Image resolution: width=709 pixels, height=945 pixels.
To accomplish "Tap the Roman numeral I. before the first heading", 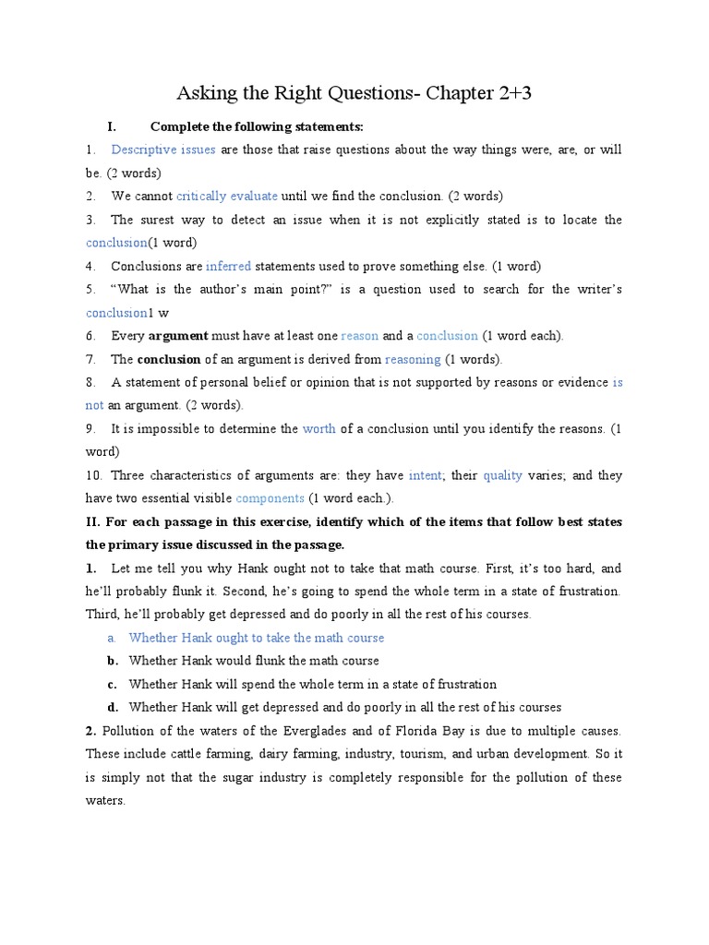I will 111,126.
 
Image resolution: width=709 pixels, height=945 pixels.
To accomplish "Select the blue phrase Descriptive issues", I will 163,150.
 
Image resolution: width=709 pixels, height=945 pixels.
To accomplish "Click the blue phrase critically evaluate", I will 227,196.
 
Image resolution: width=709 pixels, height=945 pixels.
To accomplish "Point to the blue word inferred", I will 228,266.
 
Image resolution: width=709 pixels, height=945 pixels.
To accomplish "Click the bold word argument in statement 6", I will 179,336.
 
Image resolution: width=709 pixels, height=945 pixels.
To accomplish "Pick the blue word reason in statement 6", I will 360,336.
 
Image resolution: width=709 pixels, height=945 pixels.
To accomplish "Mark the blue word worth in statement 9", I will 319,428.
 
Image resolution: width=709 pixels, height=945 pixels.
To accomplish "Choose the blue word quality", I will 502,475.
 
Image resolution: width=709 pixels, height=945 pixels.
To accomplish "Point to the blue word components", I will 270,498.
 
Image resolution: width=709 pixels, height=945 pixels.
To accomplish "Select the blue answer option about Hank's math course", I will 257,638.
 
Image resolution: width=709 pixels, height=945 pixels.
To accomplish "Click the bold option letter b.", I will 112,661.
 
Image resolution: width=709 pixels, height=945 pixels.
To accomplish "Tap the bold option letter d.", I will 112,707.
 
